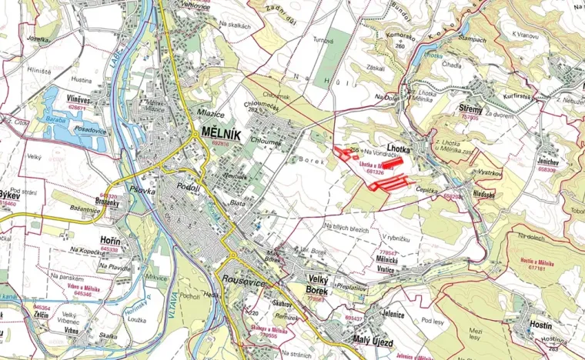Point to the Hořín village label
point(110,241)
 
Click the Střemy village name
point(470,108)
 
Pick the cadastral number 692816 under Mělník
point(220,143)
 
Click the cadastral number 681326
point(375,172)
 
